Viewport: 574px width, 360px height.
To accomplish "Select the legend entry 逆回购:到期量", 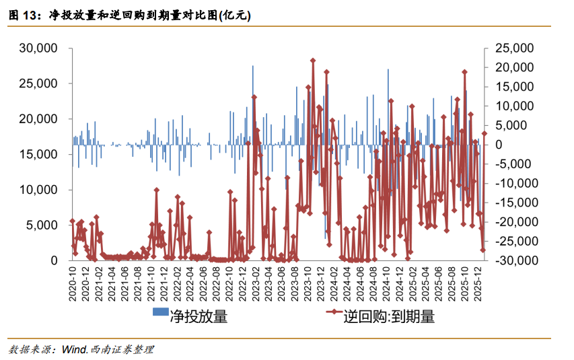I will (x=388, y=316).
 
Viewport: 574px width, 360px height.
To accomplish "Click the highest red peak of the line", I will (x=313, y=61).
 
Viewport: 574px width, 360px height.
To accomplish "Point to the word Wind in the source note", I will (x=73, y=349).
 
